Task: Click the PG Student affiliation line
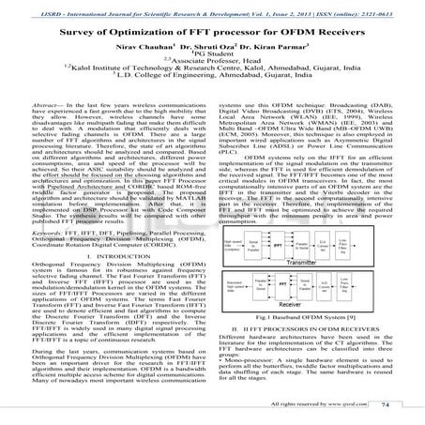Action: click(x=211, y=56)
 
